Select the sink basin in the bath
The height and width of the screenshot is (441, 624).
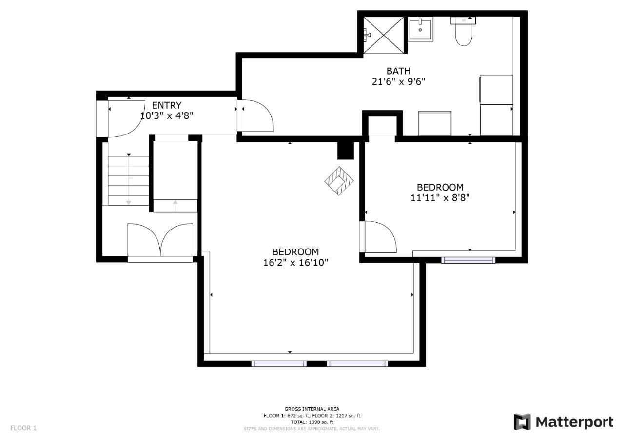pos(420,29)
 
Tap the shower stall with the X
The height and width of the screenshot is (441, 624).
pos(384,35)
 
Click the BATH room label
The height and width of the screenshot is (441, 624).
pos(398,71)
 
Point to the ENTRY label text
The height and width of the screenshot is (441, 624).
pos(167,105)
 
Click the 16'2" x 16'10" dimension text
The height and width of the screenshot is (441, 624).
pos(295,263)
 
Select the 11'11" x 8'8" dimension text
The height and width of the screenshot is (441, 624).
pos(440,198)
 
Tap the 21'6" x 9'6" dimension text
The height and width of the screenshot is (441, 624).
pos(398,82)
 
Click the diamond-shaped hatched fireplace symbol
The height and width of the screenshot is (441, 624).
pos(339,181)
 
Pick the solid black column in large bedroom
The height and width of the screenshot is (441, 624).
pos(346,151)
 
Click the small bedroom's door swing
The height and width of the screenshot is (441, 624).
pos(381,237)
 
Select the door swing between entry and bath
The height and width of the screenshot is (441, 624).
pos(258,115)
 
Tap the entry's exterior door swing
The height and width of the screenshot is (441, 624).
pos(126,118)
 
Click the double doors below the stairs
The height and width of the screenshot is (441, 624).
pos(160,240)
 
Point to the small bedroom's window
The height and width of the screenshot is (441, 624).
pos(468,260)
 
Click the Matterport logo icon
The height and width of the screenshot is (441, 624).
pos(522,422)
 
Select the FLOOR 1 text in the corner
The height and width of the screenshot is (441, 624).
pos(23,428)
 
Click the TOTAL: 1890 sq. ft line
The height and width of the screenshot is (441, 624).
pos(312,422)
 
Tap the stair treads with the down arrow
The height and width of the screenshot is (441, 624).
pos(128,180)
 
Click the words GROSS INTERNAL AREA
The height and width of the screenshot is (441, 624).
pos(312,409)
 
